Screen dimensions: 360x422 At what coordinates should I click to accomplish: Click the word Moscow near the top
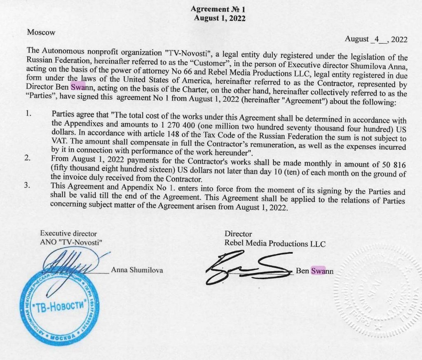pos(41,32)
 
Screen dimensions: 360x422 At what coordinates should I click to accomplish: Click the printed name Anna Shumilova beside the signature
pos(137,271)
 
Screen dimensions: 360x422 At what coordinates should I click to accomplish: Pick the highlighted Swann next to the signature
pos(318,271)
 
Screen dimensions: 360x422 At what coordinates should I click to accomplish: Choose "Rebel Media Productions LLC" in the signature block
pos(274,243)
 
